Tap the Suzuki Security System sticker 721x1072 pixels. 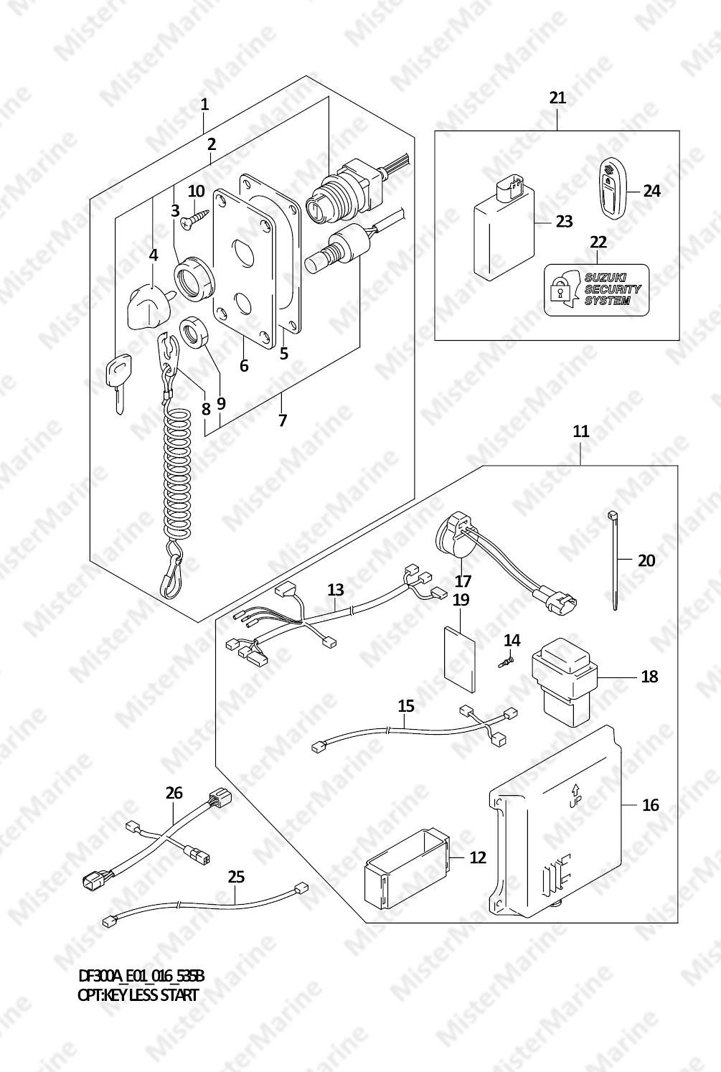[597, 290]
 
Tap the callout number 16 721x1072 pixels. [651, 805]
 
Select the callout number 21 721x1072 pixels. [557, 98]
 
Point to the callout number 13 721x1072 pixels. [335, 589]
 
